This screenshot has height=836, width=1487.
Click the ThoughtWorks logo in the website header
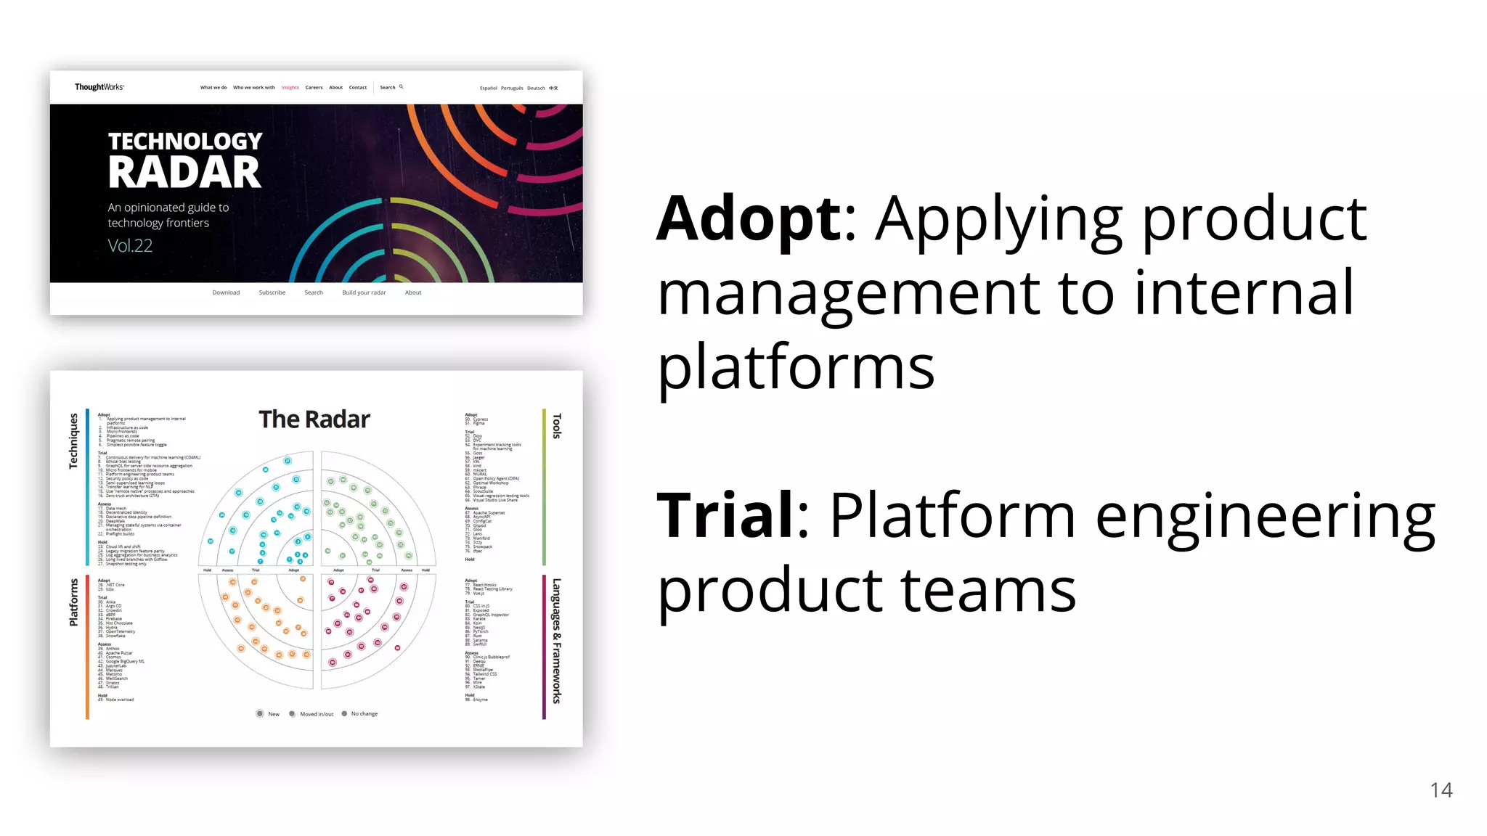(99, 87)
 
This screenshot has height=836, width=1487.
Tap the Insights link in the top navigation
(290, 88)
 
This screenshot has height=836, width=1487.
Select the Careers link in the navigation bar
(314, 88)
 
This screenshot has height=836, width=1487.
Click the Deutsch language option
(536, 89)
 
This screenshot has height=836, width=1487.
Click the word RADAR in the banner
(184, 173)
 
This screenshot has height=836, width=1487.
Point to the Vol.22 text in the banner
(130, 246)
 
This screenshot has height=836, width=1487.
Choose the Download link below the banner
(226, 292)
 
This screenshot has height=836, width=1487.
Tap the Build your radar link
(364, 292)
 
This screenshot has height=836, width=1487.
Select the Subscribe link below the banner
(272, 292)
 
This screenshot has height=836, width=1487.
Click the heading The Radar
(314, 419)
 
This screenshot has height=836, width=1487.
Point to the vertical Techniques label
(73, 441)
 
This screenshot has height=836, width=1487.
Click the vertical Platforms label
(73, 602)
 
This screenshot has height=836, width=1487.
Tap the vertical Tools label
(557, 426)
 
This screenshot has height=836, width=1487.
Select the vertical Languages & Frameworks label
(557, 641)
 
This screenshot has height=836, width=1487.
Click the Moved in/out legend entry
(316, 714)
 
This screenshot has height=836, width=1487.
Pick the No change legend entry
(363, 714)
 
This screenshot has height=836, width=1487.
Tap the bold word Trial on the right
(726, 515)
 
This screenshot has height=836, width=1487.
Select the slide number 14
(1441, 790)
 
